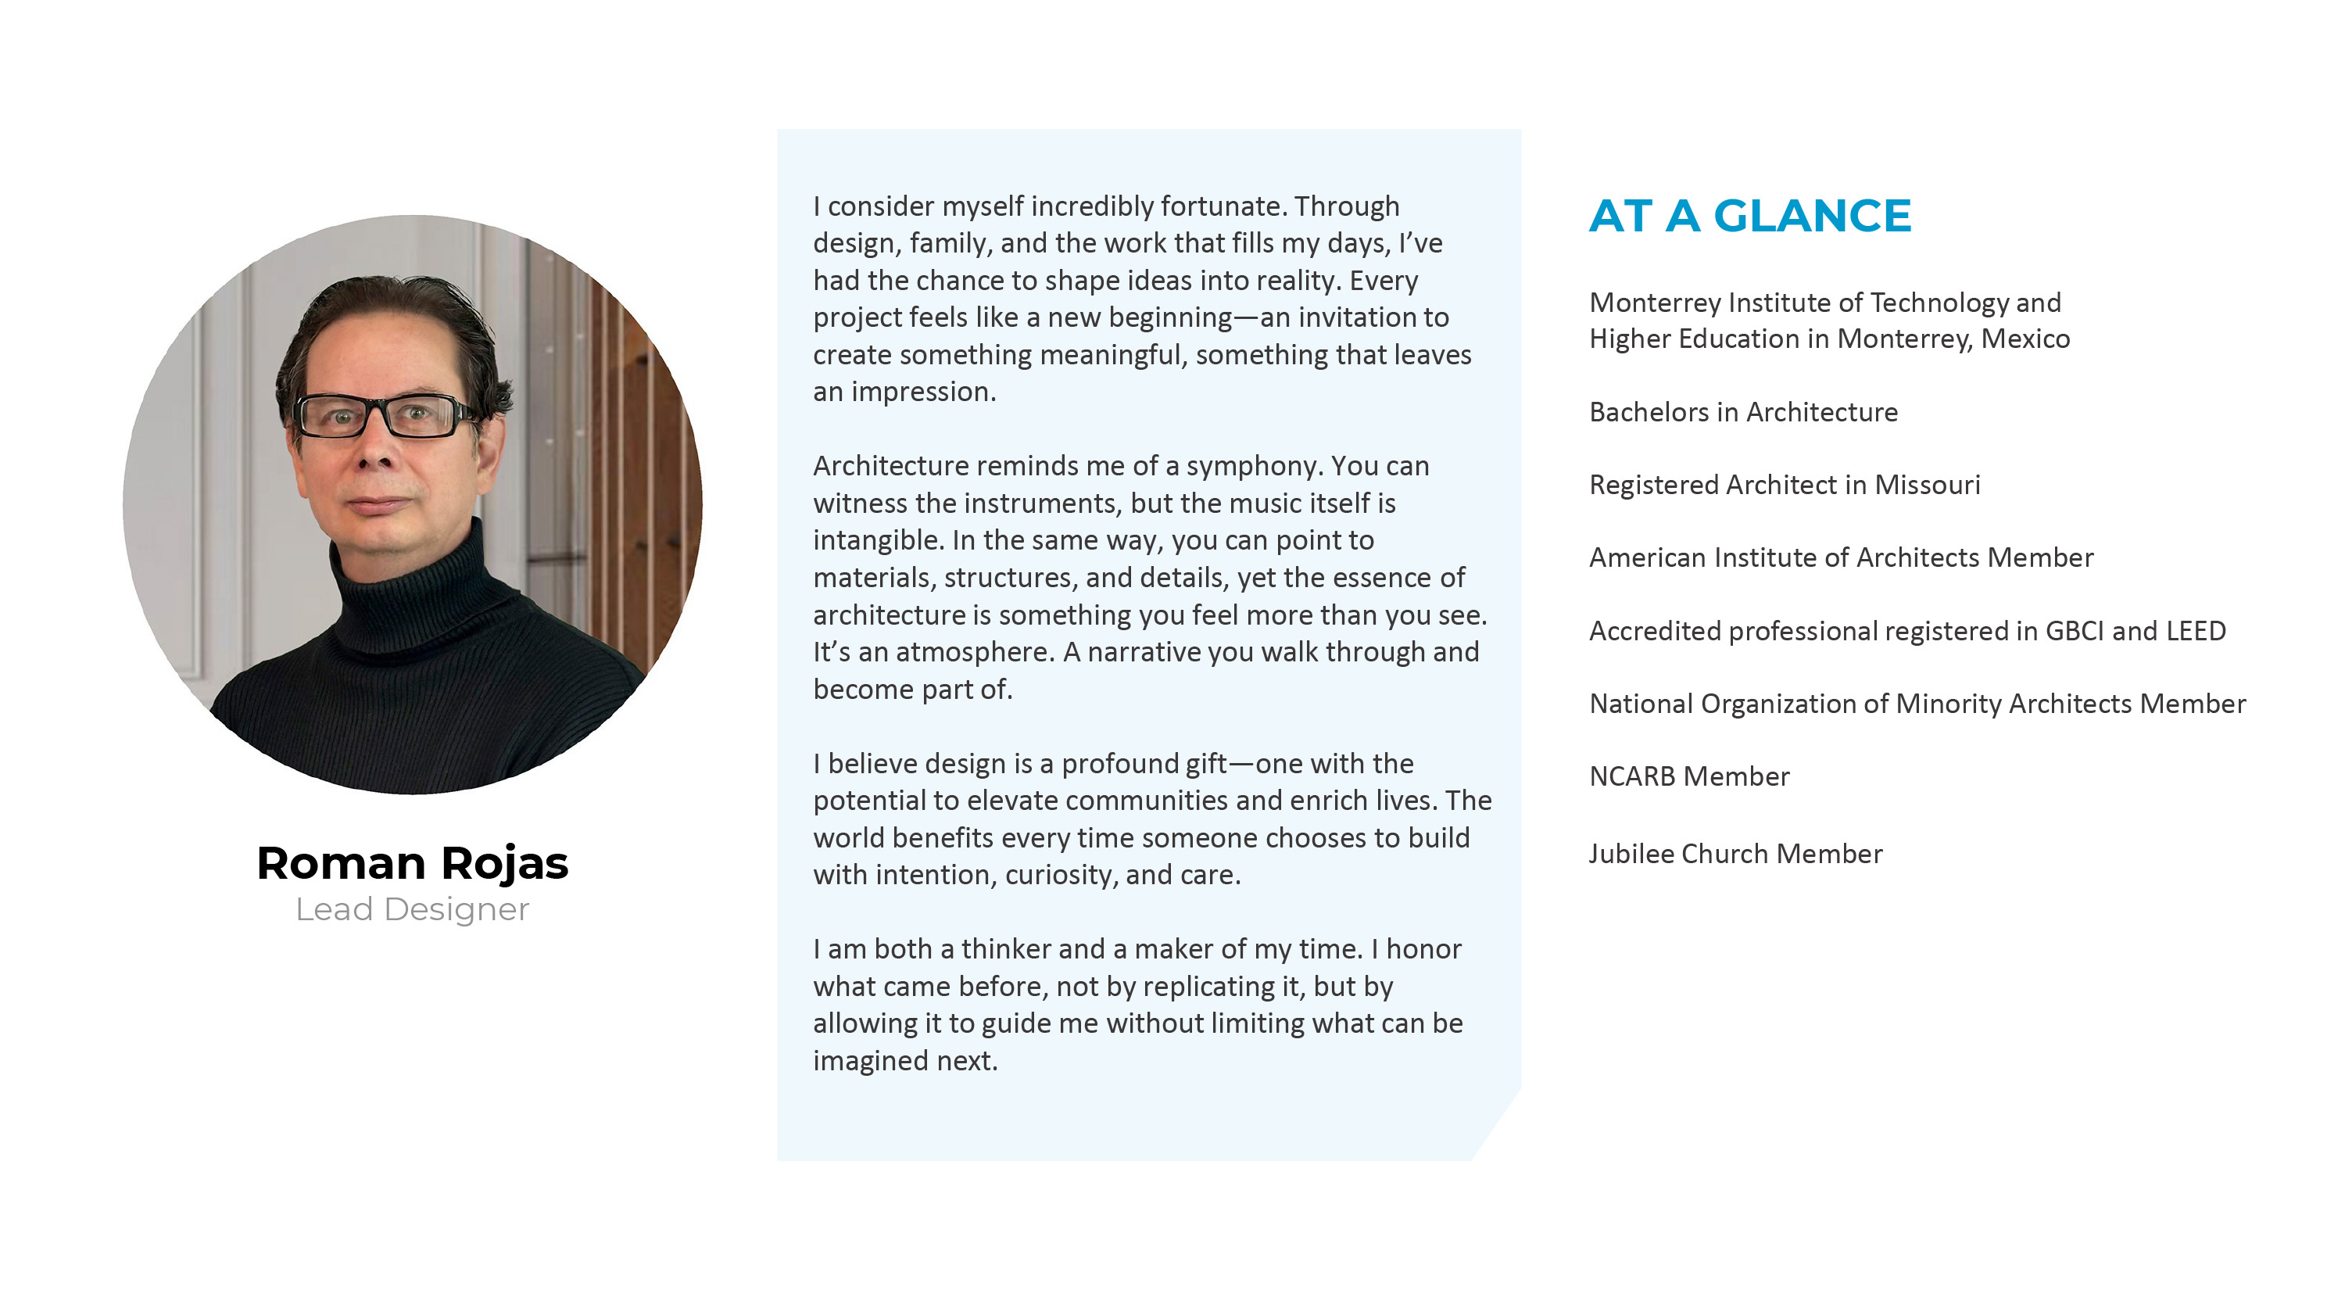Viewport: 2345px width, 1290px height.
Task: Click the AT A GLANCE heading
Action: [1749, 217]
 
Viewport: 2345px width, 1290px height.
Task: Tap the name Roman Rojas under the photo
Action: [413, 862]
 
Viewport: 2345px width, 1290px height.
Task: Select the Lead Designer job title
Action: [413, 908]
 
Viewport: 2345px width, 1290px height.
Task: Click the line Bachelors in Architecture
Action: [1742, 411]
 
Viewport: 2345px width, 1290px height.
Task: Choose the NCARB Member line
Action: [1688, 776]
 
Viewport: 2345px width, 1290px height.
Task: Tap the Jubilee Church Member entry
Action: [1735, 853]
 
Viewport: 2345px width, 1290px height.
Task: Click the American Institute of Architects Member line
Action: [1841, 557]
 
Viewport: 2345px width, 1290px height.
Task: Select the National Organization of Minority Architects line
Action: [1916, 703]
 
